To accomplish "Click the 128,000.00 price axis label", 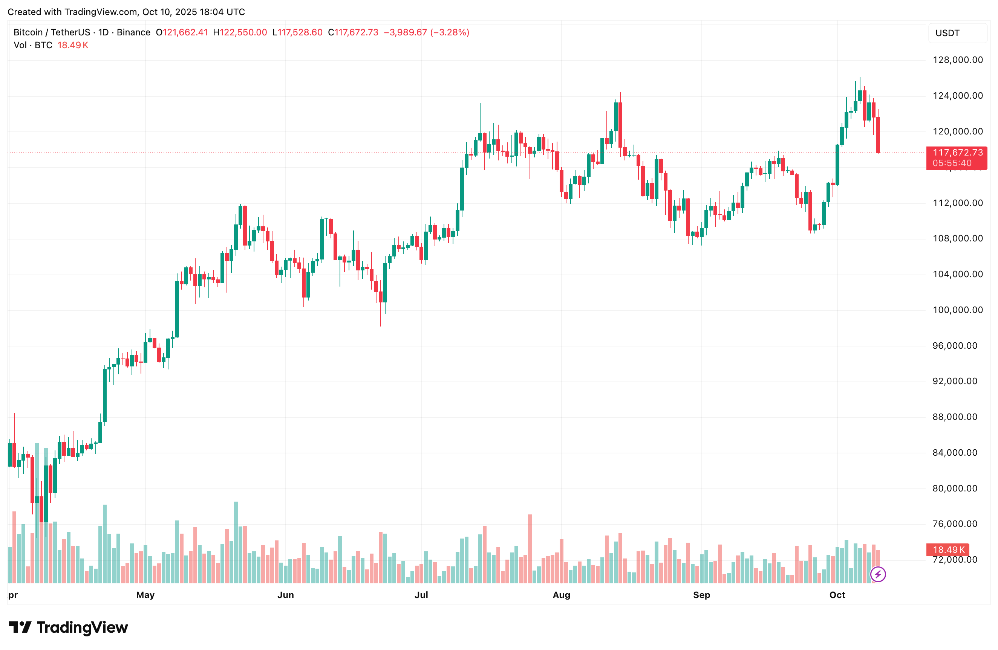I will [957, 60].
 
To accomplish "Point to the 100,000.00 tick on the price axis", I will [957, 310].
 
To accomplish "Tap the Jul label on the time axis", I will [421, 595].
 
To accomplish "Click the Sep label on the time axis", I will [701, 595].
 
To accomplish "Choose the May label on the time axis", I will [145, 595].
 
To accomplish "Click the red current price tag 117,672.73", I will [957, 153].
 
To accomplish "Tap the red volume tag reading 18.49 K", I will [948, 550].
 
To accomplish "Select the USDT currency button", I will [947, 33].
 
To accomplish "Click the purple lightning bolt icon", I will [878, 574].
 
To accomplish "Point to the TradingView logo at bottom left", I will [68, 627].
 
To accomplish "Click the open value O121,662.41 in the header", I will [182, 32].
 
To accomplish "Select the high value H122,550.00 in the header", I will [240, 32].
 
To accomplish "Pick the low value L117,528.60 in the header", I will [297, 32].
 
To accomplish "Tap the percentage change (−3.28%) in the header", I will [450, 32].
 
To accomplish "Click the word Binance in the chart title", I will [133, 32].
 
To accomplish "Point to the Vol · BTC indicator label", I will [33, 45].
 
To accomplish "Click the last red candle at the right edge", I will [878, 135].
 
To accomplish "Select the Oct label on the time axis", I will [837, 595].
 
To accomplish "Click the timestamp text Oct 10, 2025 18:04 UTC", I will [193, 12].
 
